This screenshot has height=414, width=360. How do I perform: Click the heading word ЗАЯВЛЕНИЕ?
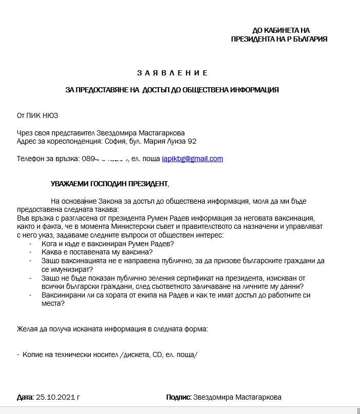pos(172,73)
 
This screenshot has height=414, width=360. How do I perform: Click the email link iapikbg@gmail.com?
pos(192,159)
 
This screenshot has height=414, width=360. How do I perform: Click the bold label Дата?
pos(25,397)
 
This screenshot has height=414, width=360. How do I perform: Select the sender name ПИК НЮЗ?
pos(46,115)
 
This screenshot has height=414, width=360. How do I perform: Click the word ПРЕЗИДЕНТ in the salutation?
pos(143,183)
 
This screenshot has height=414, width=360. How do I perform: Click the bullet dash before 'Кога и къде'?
pos(31,243)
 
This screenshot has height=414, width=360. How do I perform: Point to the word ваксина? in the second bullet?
pos(138,252)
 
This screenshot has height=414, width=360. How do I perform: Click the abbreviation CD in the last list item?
pos(158,354)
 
